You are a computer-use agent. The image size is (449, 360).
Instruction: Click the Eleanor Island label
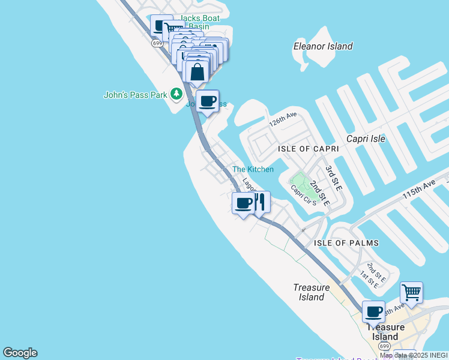point(322,46)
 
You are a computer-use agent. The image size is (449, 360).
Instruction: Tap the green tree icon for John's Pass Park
point(176,94)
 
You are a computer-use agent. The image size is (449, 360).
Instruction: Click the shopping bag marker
point(197,72)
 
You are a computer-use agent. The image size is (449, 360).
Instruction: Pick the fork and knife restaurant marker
point(260,202)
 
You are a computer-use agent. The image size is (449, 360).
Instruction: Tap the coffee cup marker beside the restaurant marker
point(243,203)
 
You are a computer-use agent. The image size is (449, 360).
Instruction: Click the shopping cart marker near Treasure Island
point(411,293)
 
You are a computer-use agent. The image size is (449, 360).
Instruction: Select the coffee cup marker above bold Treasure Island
point(373,312)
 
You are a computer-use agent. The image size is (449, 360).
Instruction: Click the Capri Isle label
point(366,139)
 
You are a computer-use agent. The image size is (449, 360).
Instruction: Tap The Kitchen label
point(253,169)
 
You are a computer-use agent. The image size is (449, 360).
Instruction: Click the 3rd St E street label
point(333,178)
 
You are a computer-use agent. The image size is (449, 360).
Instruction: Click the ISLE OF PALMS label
point(346,243)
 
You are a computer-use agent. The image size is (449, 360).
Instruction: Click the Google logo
point(20,353)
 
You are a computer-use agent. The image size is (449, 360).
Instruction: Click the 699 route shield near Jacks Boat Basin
point(157,43)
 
